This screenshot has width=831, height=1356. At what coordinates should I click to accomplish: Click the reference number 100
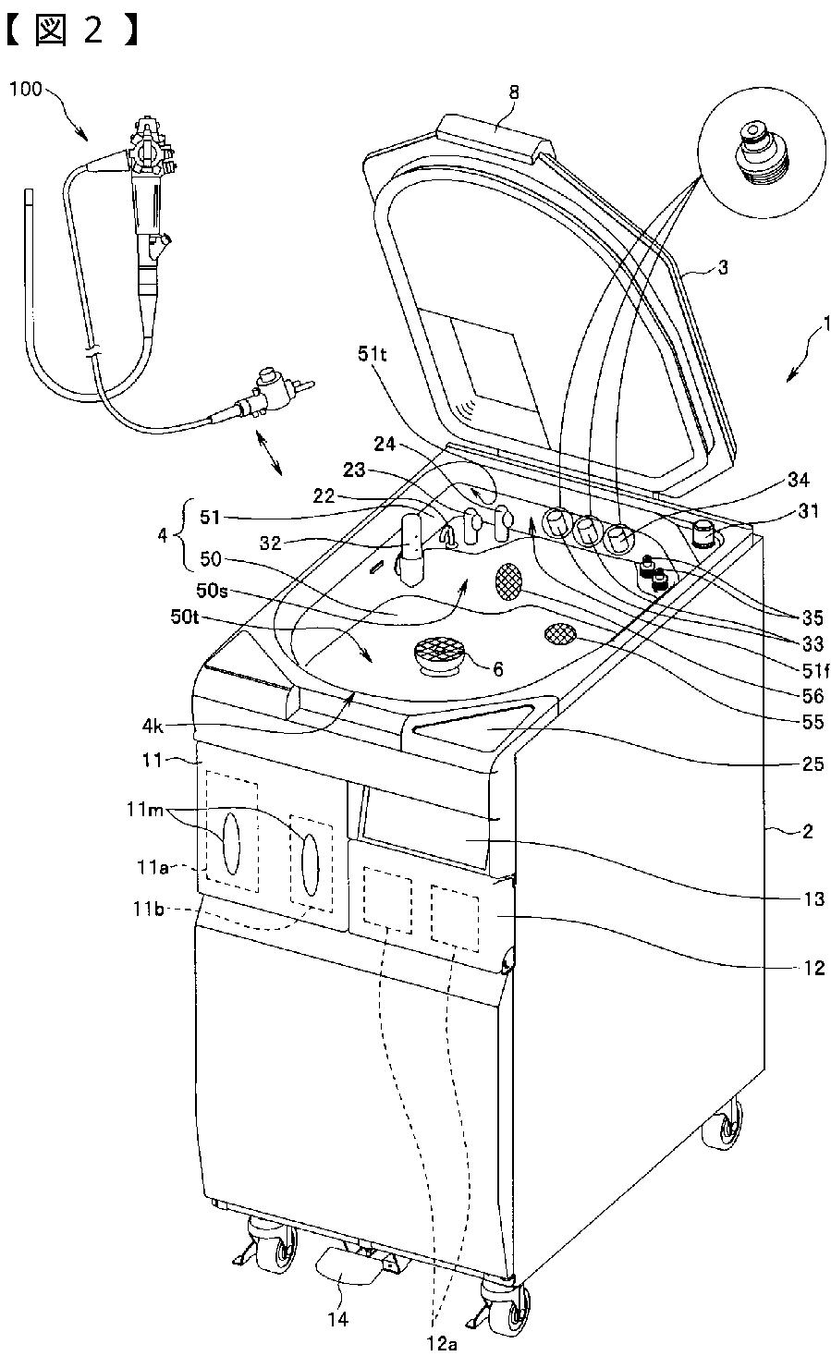pos(25,90)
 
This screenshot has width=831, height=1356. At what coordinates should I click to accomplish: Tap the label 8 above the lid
pos(514,92)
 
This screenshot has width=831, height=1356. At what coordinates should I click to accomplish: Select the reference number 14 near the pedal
pos(339,1319)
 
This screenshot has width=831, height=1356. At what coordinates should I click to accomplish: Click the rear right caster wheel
pos(723,1129)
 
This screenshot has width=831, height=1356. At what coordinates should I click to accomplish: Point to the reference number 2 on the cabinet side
pos(807,831)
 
